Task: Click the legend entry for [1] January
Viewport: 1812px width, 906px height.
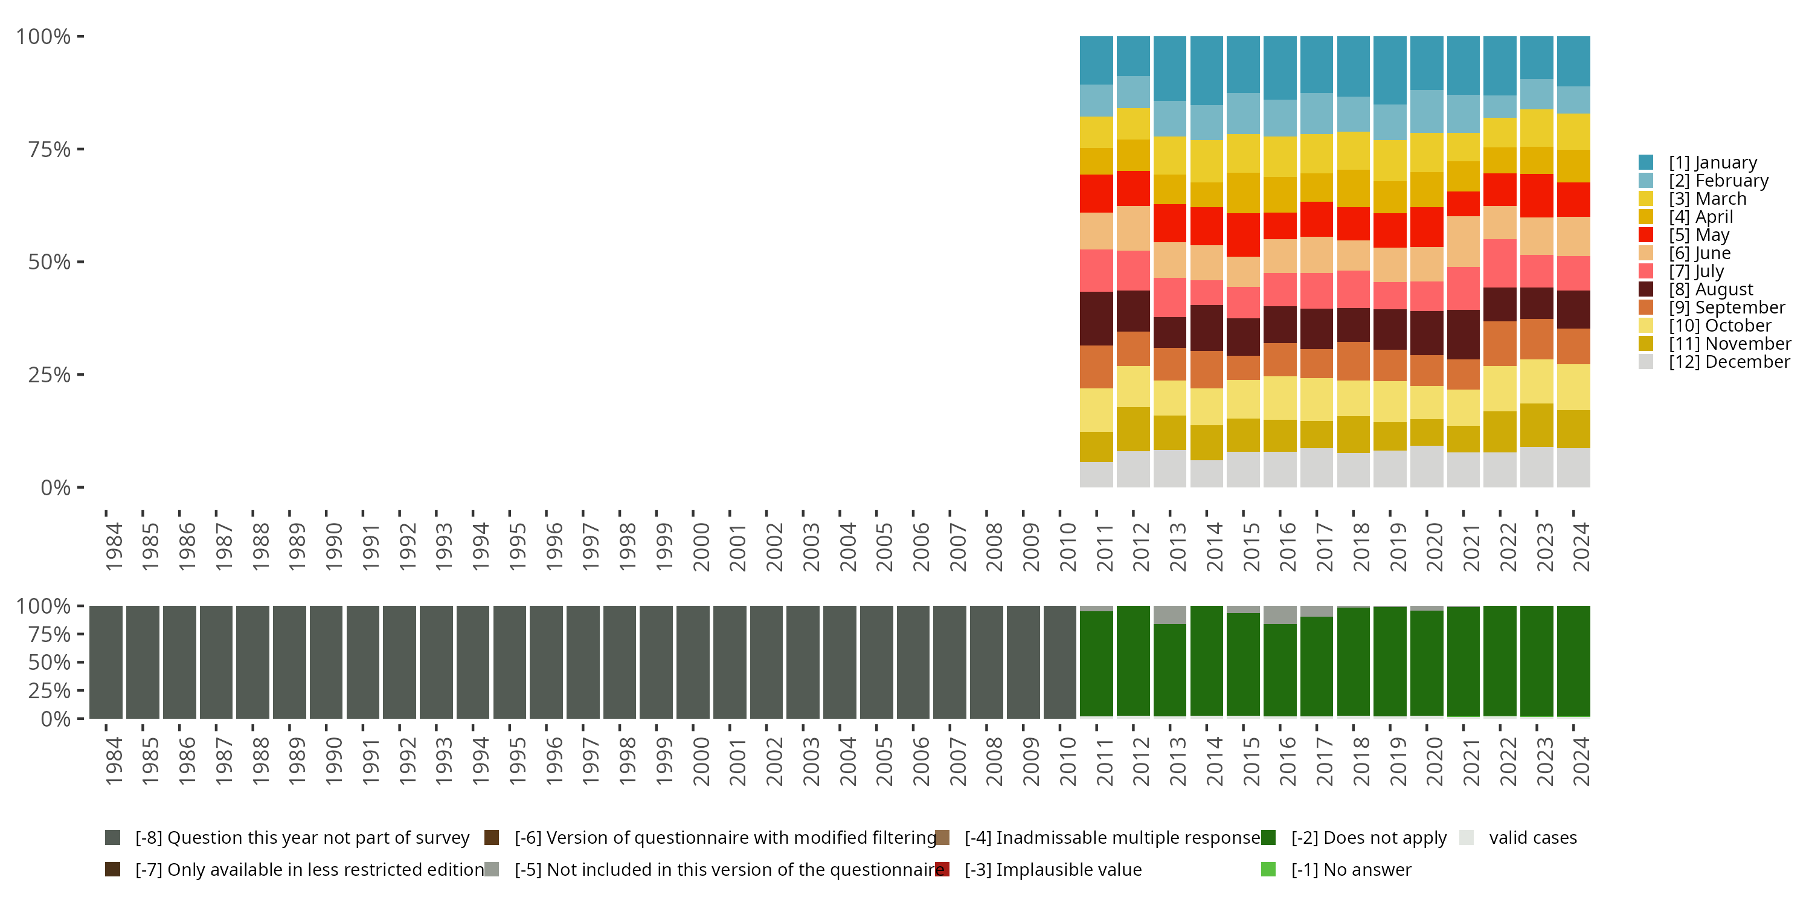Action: pos(1712,162)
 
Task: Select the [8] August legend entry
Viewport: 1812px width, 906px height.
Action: pos(1710,290)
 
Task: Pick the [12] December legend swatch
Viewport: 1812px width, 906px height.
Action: pos(1646,362)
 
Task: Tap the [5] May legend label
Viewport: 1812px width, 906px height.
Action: pos(1698,235)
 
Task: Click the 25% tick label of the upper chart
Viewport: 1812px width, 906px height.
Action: pos(50,375)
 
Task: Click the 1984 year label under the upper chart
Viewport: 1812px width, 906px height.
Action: pos(114,547)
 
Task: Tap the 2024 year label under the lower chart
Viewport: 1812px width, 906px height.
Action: pos(1581,762)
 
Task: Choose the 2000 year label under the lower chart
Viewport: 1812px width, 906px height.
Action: pos(701,762)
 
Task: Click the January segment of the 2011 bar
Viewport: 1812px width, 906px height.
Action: pos(1097,60)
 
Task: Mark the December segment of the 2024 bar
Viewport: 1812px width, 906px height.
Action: pos(1573,467)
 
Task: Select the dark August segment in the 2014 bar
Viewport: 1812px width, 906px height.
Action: pos(1207,328)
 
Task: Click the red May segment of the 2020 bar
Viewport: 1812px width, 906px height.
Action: pos(1427,227)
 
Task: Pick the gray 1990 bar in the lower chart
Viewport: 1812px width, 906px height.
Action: pos(326,662)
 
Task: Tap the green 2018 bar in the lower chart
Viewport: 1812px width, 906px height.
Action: pos(1354,662)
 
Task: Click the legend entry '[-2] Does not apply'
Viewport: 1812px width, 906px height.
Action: pos(1368,838)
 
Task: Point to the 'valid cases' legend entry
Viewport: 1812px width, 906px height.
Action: pos(1532,838)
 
